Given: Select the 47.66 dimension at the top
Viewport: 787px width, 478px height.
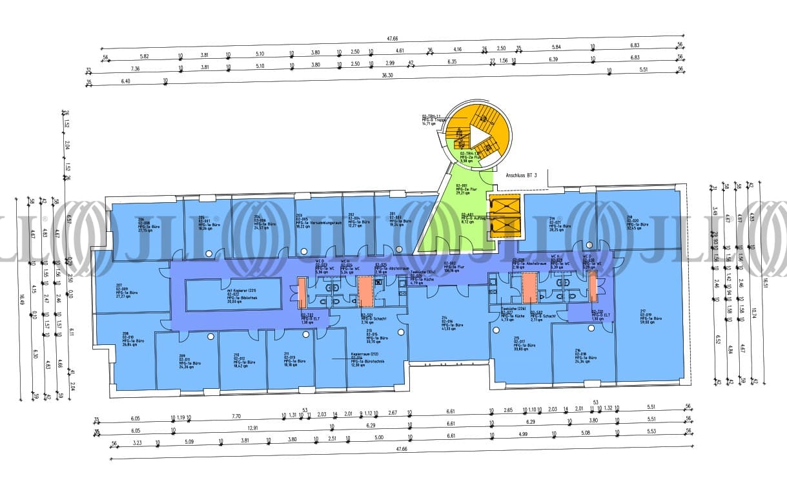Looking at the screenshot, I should click(x=392, y=39).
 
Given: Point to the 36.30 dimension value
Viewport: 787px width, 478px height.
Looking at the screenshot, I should click(x=387, y=76).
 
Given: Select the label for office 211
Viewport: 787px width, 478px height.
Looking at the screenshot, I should click(x=291, y=359).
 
